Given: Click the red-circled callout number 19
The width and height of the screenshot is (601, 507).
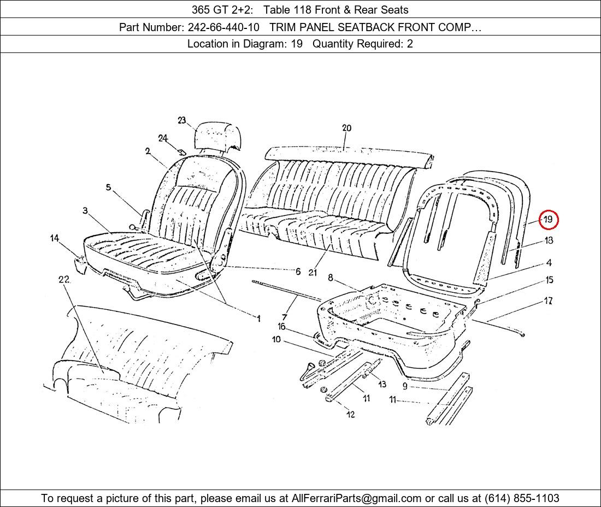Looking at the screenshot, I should click(x=548, y=220).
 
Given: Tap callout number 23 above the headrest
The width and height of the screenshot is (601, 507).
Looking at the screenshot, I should click(x=182, y=121).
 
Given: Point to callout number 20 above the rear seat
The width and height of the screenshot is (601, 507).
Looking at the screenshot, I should click(x=346, y=128).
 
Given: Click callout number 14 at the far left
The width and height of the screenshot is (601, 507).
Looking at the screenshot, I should click(x=55, y=238).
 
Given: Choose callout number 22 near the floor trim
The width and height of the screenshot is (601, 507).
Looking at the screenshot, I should click(x=64, y=280).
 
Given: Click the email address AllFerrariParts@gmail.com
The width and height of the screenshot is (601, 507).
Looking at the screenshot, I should click(x=356, y=498).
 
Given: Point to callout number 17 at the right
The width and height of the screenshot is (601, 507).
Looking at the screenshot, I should click(x=548, y=301).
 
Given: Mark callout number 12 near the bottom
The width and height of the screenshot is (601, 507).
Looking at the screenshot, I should click(x=350, y=415).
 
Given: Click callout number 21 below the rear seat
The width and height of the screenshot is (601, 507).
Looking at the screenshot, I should click(x=312, y=272).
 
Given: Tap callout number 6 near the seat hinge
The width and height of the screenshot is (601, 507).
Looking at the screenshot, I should click(x=298, y=272).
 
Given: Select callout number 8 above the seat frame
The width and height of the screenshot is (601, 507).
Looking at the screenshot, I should click(x=331, y=278).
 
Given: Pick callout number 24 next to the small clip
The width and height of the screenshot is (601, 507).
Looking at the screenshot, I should click(x=163, y=138).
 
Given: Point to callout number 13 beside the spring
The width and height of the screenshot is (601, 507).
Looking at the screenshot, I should click(x=381, y=385).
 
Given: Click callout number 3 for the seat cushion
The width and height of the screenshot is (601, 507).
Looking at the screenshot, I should click(x=85, y=211).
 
